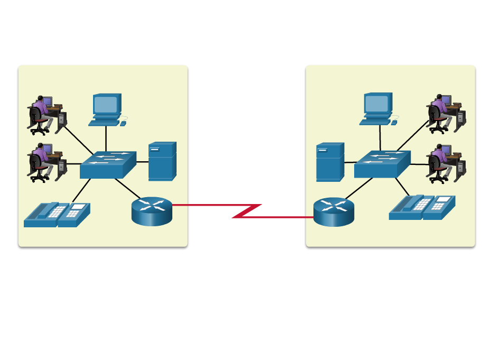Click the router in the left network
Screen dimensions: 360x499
point(152,211)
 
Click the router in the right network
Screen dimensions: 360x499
point(334,211)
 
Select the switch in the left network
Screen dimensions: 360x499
point(108,165)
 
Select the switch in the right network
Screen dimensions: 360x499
point(382,164)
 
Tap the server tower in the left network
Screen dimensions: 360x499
point(162,161)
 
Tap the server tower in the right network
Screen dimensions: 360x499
point(330,162)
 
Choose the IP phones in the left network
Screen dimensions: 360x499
point(57,215)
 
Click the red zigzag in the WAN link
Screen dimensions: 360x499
point(246,211)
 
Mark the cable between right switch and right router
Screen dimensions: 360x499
point(359,189)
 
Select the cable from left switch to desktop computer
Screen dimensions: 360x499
point(106,139)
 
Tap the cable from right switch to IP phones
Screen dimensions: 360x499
point(402,186)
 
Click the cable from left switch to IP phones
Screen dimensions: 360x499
point(81,191)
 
